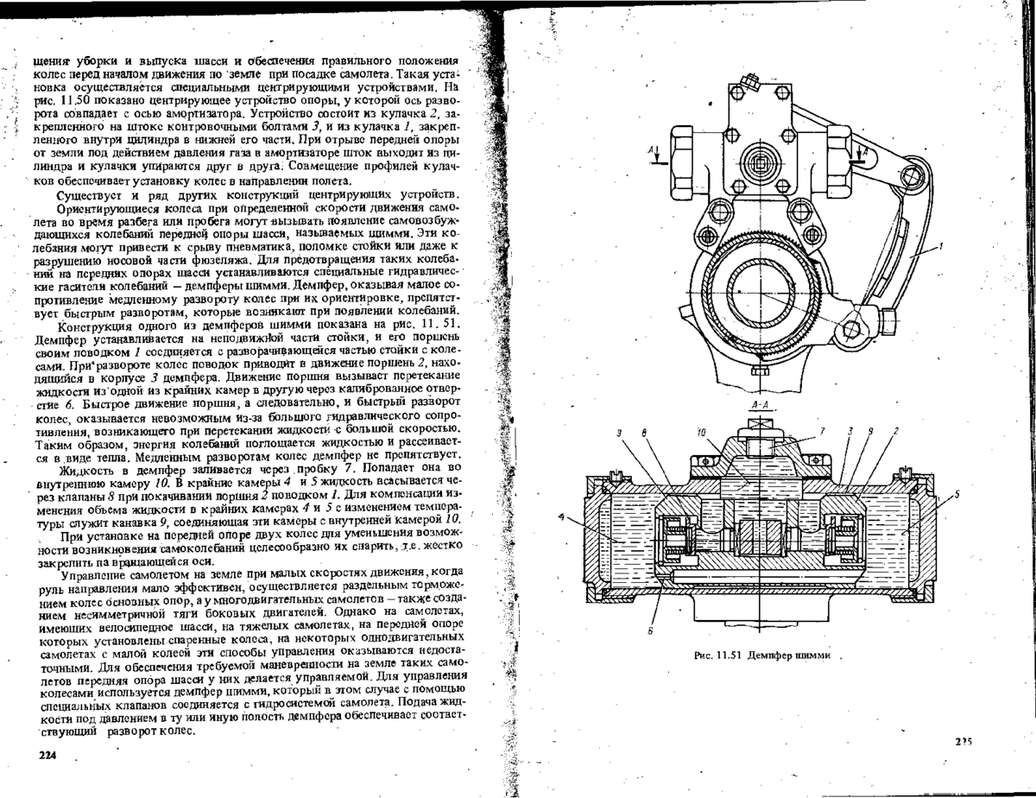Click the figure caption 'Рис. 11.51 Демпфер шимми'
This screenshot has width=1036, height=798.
761,655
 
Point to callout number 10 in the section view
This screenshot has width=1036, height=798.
701,433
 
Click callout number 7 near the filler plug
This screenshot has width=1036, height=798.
822,432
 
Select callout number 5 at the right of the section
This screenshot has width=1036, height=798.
956,494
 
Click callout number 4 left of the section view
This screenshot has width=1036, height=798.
563,517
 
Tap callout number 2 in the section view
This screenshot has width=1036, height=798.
896,431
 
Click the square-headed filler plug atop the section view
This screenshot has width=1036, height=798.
760,424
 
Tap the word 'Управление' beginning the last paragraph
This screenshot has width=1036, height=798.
93,573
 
